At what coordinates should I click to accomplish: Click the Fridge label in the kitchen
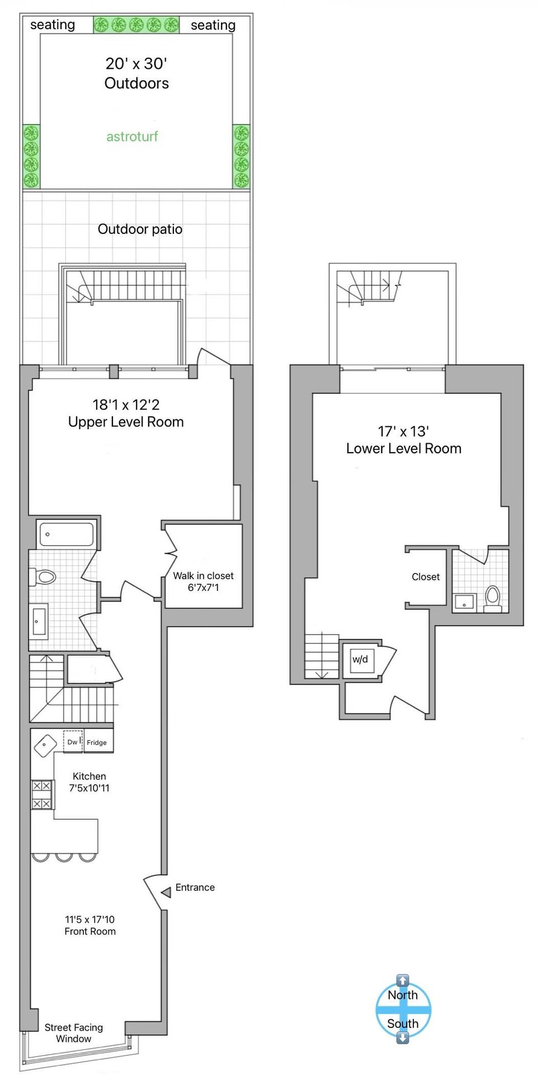coord(97,743)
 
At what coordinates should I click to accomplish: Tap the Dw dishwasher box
coord(73,742)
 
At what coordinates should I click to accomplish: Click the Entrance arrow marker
coord(166,892)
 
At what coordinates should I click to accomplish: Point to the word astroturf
coord(132,137)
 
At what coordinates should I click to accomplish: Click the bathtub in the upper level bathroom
coord(67,535)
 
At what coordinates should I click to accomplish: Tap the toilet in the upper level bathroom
coord(43,576)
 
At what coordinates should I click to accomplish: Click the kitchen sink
coord(45,746)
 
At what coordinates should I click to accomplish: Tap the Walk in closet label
coord(204,576)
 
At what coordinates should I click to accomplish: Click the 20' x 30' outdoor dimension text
coord(136,64)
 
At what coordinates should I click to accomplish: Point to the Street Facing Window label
coord(74,1033)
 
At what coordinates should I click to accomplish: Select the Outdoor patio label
coord(140,229)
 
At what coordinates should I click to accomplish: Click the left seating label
coord(53,25)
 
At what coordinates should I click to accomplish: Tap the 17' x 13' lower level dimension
coord(403,431)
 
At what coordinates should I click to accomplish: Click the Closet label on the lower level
coord(426,577)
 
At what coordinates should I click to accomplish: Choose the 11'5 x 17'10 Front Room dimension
coord(89,919)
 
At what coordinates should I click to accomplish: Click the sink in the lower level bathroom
coord(464,602)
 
